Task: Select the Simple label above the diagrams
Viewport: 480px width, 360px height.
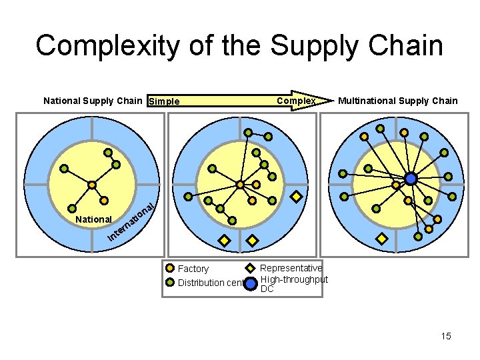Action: (x=164, y=101)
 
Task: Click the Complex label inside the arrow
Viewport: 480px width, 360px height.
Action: (x=297, y=101)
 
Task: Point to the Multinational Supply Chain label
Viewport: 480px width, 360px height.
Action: (x=398, y=101)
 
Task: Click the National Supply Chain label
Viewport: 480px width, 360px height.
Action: (x=93, y=101)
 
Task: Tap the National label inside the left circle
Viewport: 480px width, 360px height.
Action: (x=93, y=219)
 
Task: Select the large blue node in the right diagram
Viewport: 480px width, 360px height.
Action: (x=411, y=179)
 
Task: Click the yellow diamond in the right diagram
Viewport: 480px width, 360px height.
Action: (x=382, y=238)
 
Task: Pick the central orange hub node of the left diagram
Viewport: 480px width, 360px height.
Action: (x=91, y=185)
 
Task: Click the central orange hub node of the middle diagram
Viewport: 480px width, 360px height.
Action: (x=240, y=185)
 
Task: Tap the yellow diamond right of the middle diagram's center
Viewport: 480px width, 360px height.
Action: (x=297, y=197)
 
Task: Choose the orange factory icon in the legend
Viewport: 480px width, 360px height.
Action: (x=170, y=269)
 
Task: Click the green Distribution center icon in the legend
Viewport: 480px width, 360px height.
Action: (x=170, y=282)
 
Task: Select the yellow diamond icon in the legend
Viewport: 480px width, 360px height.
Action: (x=250, y=269)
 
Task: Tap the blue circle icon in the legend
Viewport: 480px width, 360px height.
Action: (x=250, y=284)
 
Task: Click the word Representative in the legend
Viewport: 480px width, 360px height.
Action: (x=291, y=268)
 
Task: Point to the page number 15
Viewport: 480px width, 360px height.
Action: (x=445, y=336)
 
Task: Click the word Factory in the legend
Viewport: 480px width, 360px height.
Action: (x=193, y=269)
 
